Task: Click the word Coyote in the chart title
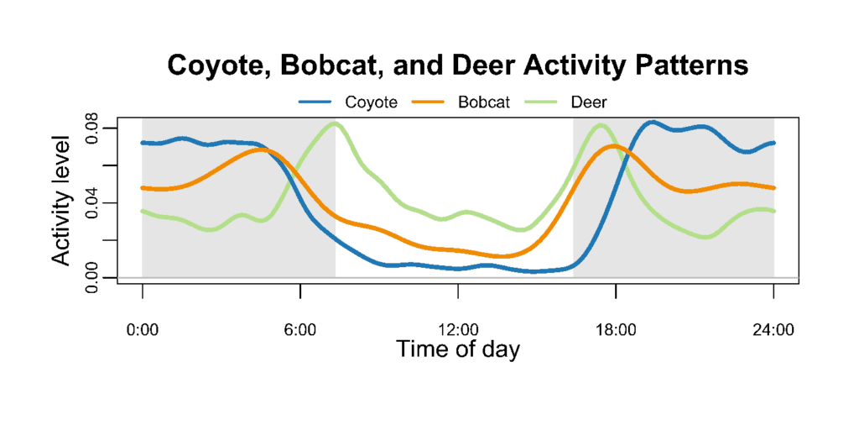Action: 215,66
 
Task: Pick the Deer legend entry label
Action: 589,102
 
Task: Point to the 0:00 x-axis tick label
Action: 143,329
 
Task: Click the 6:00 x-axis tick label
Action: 300,329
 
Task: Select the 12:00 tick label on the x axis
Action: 458,329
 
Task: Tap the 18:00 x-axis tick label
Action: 616,329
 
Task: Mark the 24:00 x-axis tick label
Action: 773,329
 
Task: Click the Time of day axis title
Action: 458,349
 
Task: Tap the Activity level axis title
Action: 64,202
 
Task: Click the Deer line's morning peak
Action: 335,123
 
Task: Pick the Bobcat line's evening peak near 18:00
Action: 614,145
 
